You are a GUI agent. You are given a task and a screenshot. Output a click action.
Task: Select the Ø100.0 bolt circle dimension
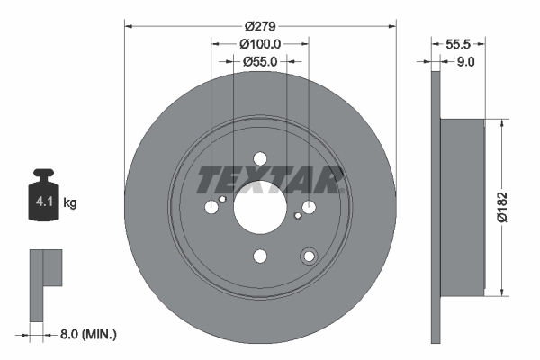pyautogui.click(x=261, y=42)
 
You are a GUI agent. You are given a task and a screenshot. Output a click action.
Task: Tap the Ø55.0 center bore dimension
pyautogui.click(x=259, y=61)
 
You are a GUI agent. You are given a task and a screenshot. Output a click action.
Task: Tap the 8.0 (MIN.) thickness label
pyautogui.click(x=86, y=334)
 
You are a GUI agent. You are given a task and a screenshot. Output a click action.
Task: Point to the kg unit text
pyautogui.click(x=70, y=203)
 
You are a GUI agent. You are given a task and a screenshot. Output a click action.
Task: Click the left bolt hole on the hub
pyautogui.click(x=211, y=208)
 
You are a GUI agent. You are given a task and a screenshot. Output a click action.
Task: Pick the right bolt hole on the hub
pyautogui.click(x=309, y=208)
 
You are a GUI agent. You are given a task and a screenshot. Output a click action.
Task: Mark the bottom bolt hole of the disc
pyautogui.click(x=260, y=256)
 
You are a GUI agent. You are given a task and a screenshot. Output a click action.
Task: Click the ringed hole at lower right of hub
pyautogui.click(x=309, y=256)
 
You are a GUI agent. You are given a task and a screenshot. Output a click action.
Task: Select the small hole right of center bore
pyautogui.click(x=298, y=216)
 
